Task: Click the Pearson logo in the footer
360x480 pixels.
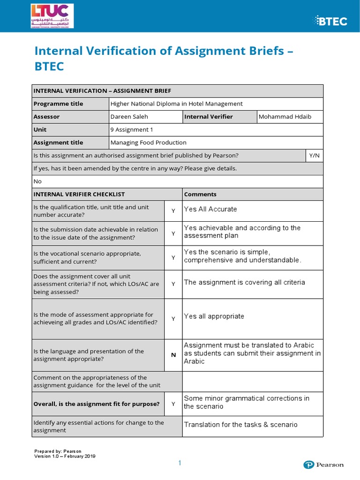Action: coord(323,465)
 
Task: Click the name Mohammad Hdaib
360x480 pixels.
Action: coord(285,117)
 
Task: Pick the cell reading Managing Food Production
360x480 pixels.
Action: coord(148,142)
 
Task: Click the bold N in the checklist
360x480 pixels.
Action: coord(173,355)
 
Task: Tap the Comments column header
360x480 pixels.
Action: coord(200,194)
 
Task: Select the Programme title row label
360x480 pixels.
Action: coord(58,104)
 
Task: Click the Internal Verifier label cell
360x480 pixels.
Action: coord(208,117)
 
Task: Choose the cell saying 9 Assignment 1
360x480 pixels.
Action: coord(131,129)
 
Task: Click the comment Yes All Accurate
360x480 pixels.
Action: coord(210,209)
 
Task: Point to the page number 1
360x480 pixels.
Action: coord(179,463)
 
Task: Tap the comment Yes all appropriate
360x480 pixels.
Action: coord(214,316)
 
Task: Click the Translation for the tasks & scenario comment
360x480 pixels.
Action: coord(240,425)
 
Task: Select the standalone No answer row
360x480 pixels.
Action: coord(38,181)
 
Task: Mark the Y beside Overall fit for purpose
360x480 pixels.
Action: coord(173,404)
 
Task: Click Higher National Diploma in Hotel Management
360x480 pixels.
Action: coord(176,104)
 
